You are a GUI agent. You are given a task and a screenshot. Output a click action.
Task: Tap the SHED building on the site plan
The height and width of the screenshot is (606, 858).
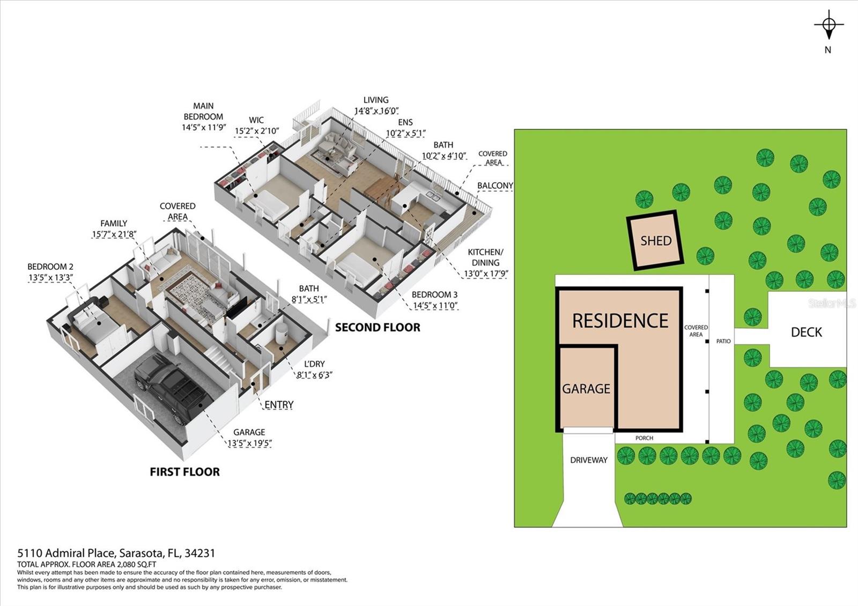(x=655, y=240)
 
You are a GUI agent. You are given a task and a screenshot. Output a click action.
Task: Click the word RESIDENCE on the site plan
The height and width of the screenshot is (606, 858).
(x=620, y=321)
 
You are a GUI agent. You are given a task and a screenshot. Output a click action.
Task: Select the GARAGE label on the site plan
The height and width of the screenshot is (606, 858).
(x=586, y=389)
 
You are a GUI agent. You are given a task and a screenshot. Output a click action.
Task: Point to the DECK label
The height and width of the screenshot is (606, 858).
(x=806, y=332)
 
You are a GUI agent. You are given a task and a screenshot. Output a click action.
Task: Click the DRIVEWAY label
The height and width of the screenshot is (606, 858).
(x=588, y=460)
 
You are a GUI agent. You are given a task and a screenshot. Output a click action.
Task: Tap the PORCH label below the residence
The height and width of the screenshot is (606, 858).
(x=644, y=438)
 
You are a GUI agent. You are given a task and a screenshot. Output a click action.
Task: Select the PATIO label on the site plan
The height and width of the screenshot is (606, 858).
(x=723, y=341)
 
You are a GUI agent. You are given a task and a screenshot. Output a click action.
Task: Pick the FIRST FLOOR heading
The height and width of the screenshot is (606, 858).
(x=184, y=472)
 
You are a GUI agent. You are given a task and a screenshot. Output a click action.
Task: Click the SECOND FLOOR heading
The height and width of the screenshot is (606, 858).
(x=378, y=328)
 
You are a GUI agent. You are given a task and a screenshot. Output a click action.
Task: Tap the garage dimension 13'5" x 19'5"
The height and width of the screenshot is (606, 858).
(x=249, y=444)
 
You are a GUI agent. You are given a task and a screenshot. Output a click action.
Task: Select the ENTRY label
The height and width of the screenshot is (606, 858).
(x=279, y=405)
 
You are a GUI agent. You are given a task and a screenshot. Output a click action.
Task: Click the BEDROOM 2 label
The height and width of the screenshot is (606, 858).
(x=50, y=267)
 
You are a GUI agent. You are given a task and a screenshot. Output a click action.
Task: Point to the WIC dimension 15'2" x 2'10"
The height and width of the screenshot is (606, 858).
(x=256, y=131)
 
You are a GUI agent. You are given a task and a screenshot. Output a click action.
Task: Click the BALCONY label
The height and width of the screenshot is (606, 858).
(x=495, y=186)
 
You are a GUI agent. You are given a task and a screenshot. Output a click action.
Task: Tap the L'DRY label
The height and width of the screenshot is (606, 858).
(x=314, y=364)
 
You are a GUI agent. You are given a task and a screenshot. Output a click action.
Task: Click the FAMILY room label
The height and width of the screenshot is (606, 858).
(x=114, y=223)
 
